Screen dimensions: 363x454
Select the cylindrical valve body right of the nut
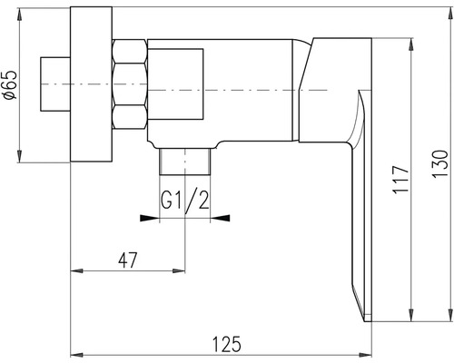point(218,91)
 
